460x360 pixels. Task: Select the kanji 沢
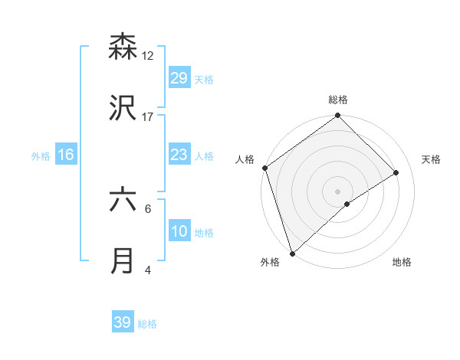[123, 108]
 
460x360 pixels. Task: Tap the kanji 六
[123, 200]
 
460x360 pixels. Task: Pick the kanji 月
[123, 261]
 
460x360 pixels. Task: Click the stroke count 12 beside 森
[148, 55]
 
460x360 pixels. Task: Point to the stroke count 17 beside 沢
[148, 116]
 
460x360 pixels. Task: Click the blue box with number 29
[179, 77]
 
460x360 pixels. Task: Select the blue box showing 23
[179, 155]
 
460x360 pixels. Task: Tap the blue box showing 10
[179, 231]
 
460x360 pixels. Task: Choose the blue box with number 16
[66, 155]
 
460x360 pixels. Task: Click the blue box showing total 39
[123, 322]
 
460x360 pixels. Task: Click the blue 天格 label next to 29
[204, 79]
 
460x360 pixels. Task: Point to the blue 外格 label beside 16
[41, 155]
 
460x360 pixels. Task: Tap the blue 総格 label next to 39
[147, 324]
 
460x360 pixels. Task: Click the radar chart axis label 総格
[338, 100]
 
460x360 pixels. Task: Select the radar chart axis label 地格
[402, 262]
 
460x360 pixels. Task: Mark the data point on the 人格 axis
[264, 169]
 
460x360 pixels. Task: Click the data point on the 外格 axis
[291, 253]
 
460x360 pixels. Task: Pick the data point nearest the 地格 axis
[347, 204]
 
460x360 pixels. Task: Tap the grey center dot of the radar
[338, 191]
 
